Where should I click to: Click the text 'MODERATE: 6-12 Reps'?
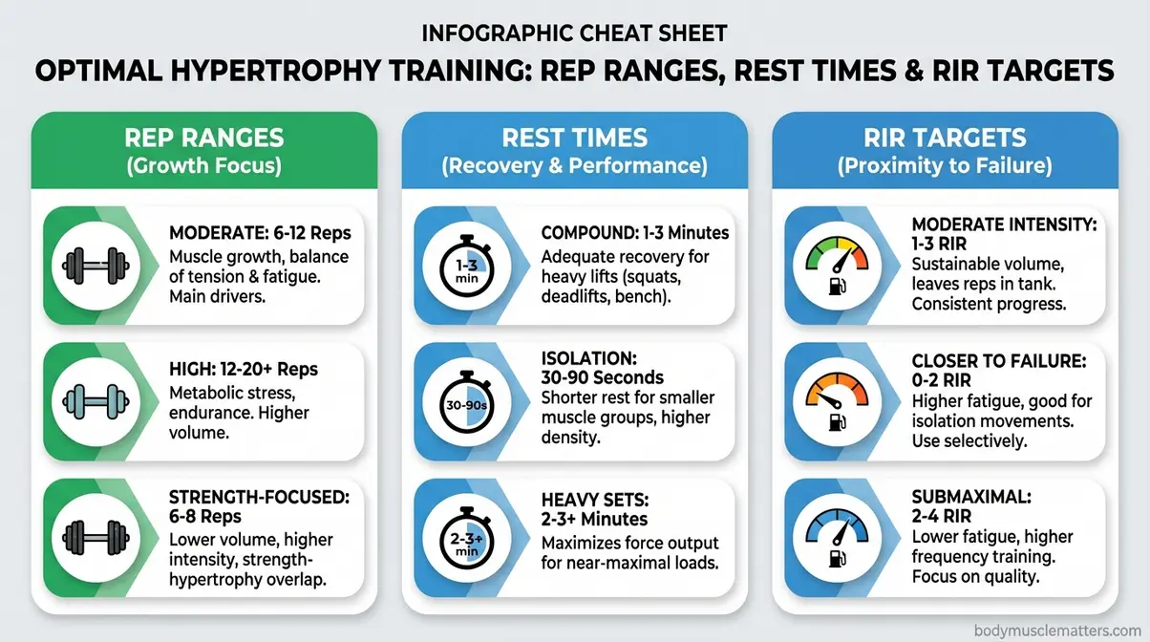[x=258, y=233]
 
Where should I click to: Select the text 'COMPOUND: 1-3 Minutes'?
[x=635, y=233]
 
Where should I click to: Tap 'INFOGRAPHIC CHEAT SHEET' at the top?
[x=574, y=33]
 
